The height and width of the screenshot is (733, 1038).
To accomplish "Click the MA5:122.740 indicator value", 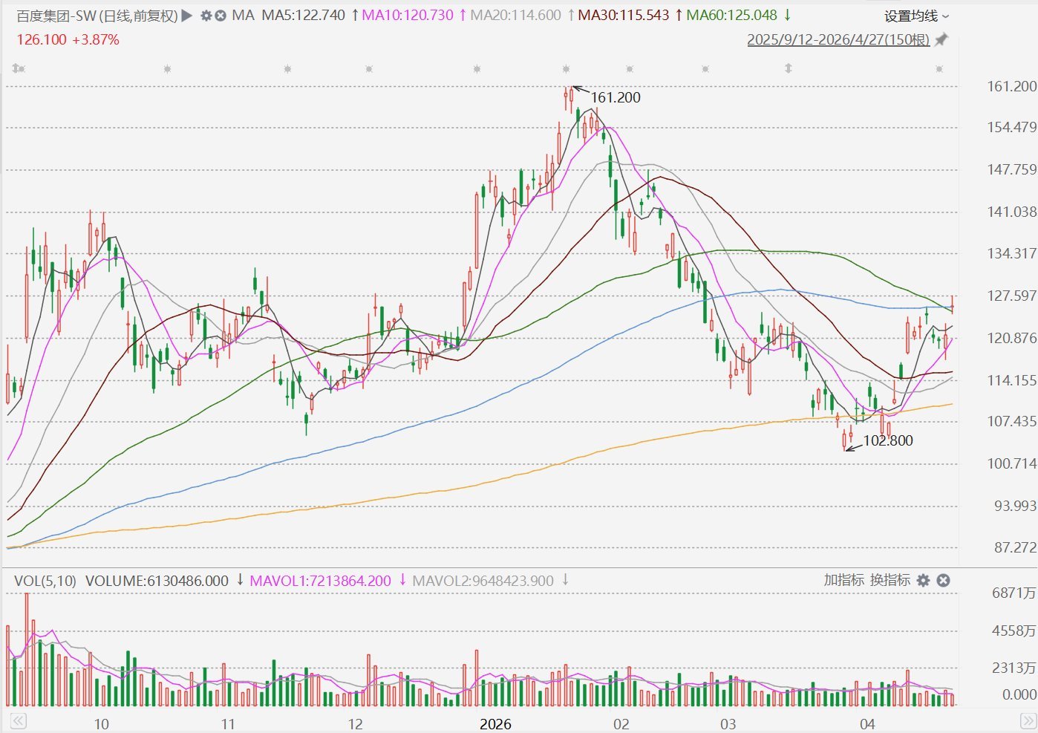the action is point(303,16).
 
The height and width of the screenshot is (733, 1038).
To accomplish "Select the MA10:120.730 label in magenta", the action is point(408,16).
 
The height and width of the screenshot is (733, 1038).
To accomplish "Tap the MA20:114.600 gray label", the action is point(515,16).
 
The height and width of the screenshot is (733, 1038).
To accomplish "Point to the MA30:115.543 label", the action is point(623,16).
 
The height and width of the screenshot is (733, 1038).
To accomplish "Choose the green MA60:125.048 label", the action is point(731,16).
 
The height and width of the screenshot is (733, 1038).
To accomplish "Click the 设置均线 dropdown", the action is point(916,16).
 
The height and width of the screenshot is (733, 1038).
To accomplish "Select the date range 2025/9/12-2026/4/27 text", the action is point(838,40).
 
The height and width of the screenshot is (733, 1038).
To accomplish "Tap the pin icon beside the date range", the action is point(941,40).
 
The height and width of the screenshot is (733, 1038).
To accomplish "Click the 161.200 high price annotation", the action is point(616,97).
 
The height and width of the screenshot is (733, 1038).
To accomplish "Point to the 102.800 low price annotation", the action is point(888,440).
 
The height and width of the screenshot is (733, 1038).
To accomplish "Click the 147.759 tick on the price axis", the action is point(1011,169).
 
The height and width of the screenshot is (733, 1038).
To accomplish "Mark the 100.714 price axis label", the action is point(1011,463).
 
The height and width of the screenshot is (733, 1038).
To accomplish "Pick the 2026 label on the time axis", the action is point(495,724).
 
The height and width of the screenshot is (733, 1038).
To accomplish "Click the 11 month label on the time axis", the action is point(227,724).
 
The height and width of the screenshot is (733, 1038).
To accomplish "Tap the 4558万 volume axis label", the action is point(1013,631).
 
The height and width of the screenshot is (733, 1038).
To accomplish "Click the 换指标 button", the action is point(890,580).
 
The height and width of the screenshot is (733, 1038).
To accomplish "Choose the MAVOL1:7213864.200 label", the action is point(320,581).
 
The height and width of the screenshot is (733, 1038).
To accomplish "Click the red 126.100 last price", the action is point(42,40).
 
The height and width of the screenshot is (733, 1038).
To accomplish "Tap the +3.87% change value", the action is point(96,40).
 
